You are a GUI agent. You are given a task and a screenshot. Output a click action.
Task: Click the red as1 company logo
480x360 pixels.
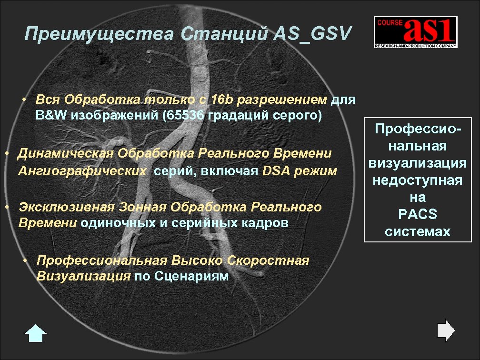[x=415, y=32]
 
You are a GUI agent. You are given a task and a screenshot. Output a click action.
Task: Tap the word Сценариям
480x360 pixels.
[x=192, y=277]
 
